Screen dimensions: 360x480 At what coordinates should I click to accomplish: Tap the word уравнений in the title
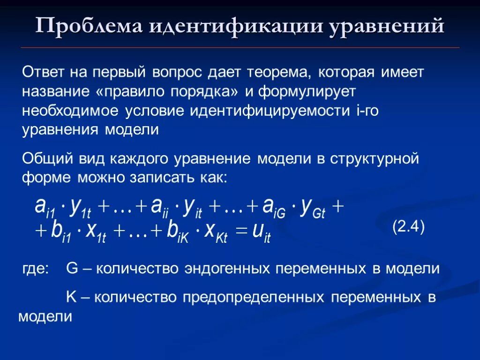(386, 27)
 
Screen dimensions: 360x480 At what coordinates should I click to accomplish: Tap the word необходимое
(70, 111)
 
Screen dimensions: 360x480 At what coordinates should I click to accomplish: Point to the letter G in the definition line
(72, 269)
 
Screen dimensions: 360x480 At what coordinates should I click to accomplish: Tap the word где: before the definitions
(36, 270)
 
